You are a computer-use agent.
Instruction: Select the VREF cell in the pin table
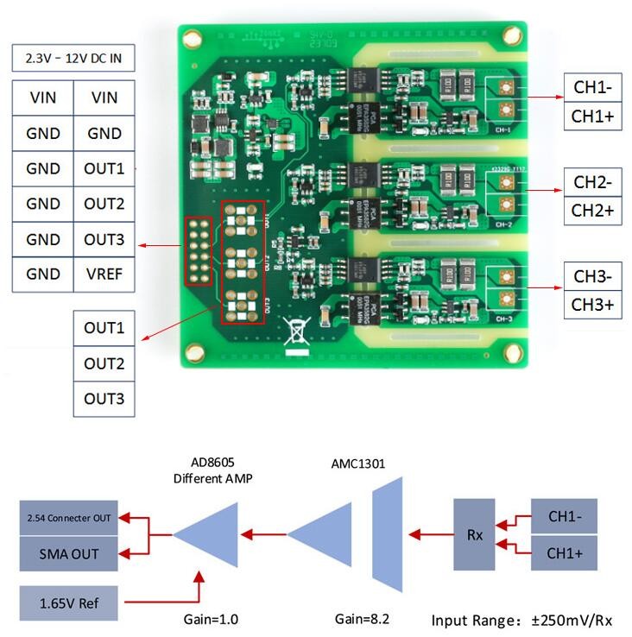pyautogui.click(x=104, y=274)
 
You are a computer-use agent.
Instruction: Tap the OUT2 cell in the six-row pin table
pyautogui.click(x=104, y=204)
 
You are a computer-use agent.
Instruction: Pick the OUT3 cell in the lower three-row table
pyautogui.click(x=104, y=399)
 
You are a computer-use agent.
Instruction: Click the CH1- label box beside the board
pyautogui.click(x=592, y=87)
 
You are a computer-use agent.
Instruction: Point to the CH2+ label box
pyautogui.click(x=592, y=211)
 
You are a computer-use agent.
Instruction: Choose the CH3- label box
pyautogui.click(x=592, y=277)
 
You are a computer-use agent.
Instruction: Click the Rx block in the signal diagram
pyautogui.click(x=475, y=535)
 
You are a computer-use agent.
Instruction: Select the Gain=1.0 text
pyautogui.click(x=211, y=619)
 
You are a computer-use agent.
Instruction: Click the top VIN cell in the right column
pyautogui.click(x=104, y=98)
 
